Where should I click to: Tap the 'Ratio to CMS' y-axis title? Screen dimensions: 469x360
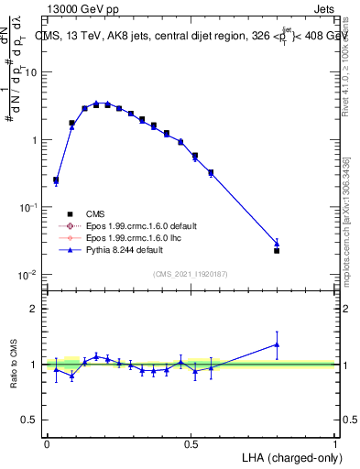13,365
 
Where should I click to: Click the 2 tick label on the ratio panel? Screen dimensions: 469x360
34,309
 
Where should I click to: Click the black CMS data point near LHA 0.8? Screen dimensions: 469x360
277,250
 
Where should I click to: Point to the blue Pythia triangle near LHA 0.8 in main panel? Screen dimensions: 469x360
277,244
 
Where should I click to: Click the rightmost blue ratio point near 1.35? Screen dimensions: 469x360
277,344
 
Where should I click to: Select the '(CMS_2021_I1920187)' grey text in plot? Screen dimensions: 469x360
191,275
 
